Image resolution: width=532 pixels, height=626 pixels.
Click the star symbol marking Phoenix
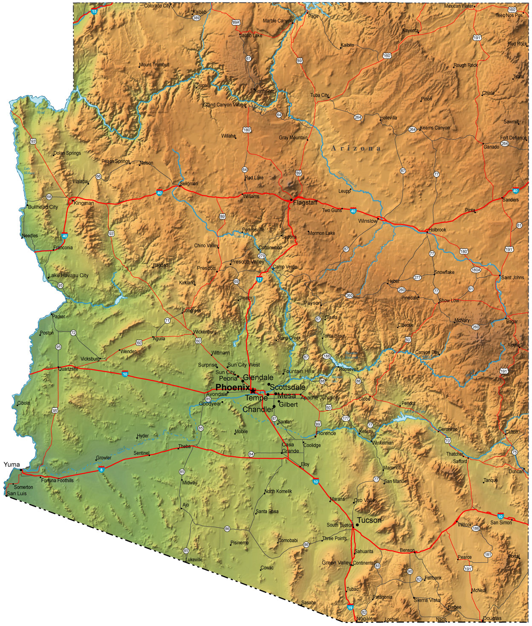tap(253, 390)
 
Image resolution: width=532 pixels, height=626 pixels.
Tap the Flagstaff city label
tap(305, 203)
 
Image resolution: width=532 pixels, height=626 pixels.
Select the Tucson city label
tap(369, 520)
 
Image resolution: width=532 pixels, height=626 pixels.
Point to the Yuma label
tap(12, 464)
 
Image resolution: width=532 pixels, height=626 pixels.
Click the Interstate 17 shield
tap(259, 280)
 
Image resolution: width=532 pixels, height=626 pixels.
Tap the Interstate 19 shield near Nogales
tap(350, 608)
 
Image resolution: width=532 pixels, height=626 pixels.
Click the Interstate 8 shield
tap(101, 470)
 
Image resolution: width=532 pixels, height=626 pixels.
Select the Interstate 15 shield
tap(94, 12)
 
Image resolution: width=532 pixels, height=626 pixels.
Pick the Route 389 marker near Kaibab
tap(197, 18)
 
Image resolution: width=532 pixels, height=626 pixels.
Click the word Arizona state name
tap(356, 148)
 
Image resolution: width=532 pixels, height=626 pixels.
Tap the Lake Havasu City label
tap(69, 275)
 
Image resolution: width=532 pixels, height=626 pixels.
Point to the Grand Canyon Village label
tap(224, 105)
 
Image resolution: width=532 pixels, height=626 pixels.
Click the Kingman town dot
tap(73, 201)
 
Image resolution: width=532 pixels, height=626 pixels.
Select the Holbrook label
tap(437, 230)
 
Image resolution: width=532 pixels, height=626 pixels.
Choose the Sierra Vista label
tap(427, 600)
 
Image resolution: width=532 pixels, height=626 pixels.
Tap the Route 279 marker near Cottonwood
tap(261, 256)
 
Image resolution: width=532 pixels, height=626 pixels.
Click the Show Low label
tap(449, 300)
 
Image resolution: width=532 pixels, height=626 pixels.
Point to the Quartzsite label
tap(69, 369)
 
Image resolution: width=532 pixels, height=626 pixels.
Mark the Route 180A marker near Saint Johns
tap(476, 270)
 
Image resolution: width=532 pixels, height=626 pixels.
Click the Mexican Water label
tap(459, 6)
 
